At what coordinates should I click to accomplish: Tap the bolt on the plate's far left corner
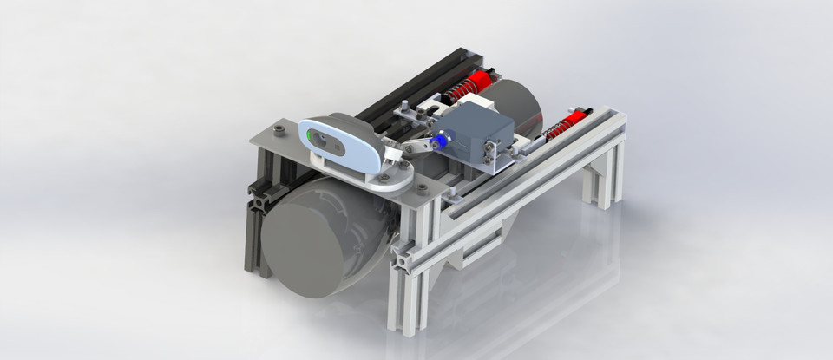coord(278,131)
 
